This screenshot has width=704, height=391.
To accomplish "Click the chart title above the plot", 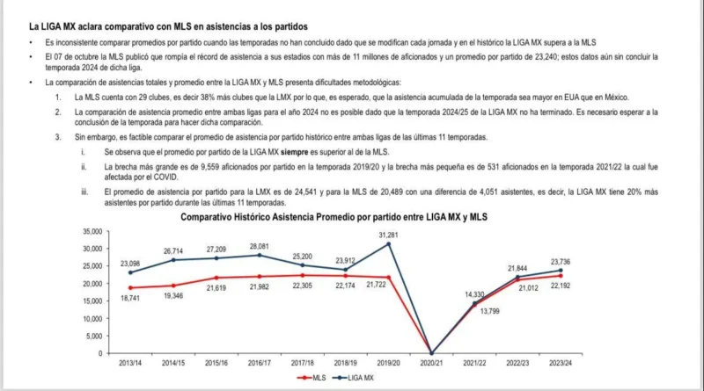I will click(334, 216).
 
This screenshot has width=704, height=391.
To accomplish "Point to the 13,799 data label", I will click(487, 311).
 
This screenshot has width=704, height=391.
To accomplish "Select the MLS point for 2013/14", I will click(131, 287).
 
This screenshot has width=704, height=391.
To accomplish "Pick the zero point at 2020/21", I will click(431, 353).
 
